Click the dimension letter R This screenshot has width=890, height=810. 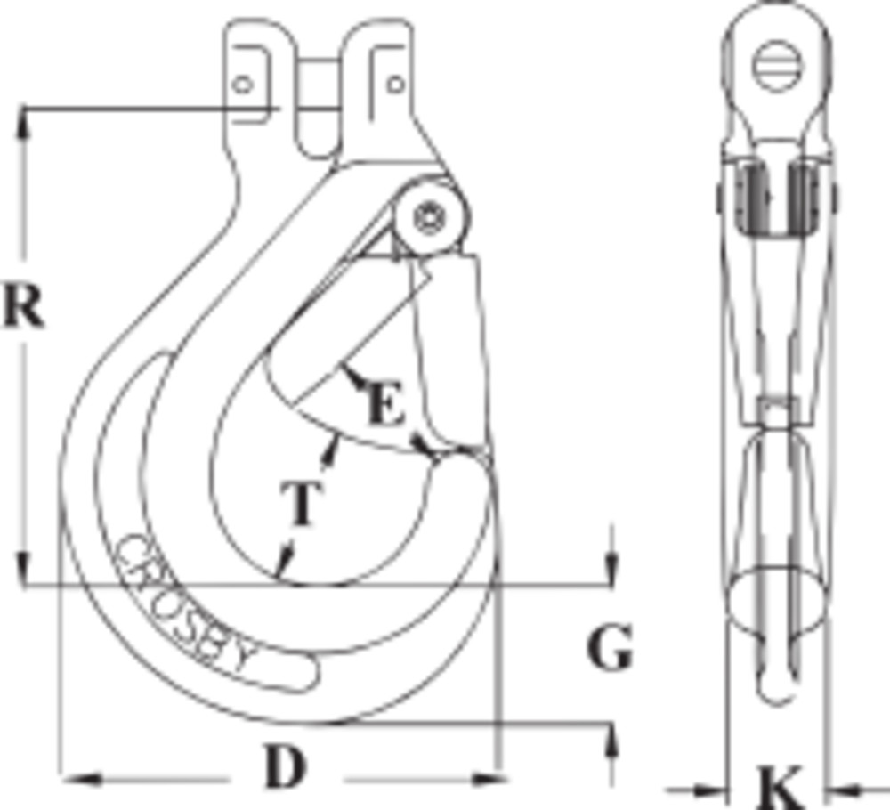coord(23,306)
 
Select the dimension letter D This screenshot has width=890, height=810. coord(286,767)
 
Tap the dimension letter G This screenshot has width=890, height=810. coord(610,647)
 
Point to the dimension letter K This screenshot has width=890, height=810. coord(780,788)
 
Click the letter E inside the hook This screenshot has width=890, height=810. coord(386,403)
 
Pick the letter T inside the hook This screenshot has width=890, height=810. coord(302,503)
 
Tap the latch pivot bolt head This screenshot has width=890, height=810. coord(429,217)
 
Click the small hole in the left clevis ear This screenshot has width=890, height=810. coord(243,85)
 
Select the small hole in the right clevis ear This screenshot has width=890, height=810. coord(396,85)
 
